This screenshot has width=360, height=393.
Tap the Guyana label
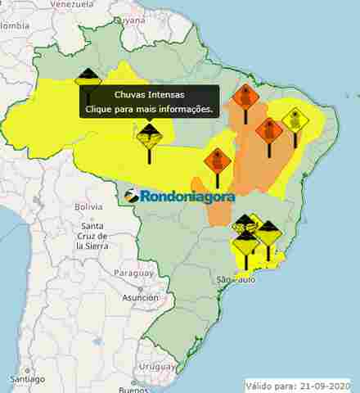[x=129, y=20]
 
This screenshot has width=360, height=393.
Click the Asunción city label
[x=140, y=298]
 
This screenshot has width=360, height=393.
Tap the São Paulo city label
[x=236, y=280]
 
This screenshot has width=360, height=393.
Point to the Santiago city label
[x=27, y=379]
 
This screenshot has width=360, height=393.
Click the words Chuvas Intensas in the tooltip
[x=149, y=95]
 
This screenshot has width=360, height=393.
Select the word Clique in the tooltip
[x=102, y=108]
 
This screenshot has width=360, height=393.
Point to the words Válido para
[x=269, y=385]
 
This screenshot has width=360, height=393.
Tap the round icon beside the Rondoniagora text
[x=133, y=196]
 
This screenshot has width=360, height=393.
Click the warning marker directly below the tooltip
[x=149, y=135]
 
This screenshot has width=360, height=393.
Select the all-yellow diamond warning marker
[x=295, y=120]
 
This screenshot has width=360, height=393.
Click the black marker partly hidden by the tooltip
[x=88, y=79]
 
